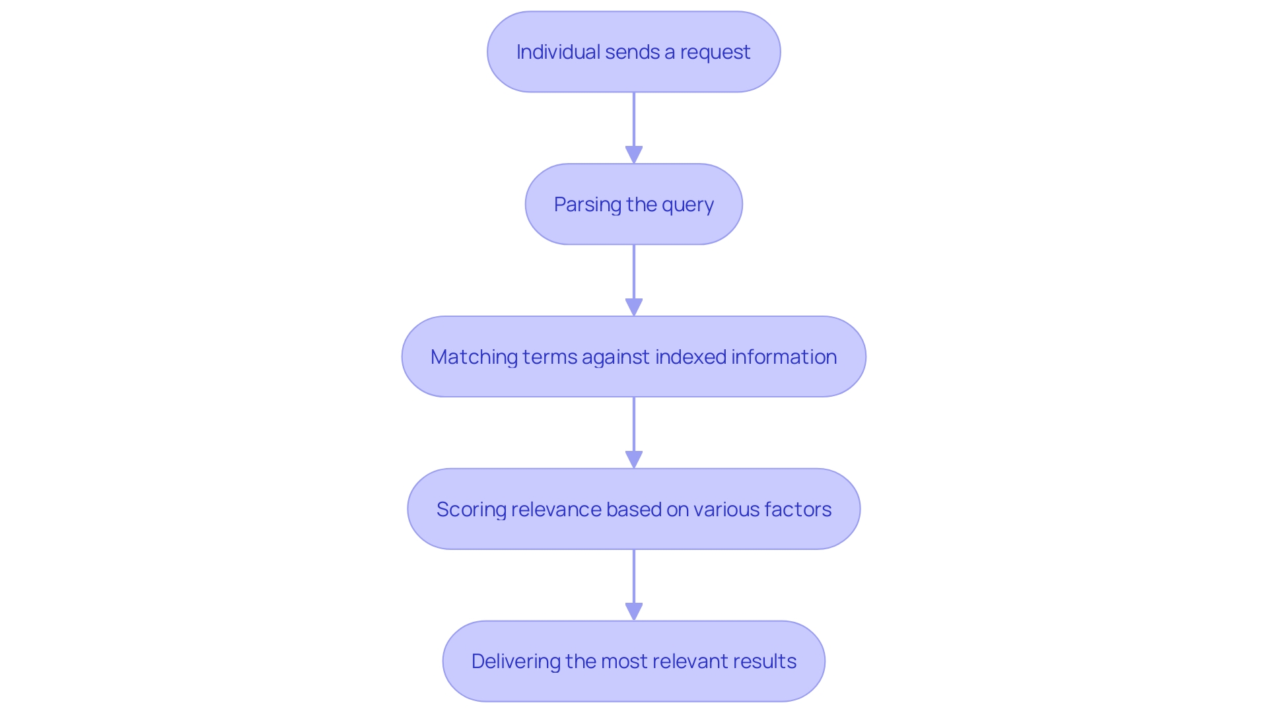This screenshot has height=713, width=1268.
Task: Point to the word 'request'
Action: (x=715, y=52)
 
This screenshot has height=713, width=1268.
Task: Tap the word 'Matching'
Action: (x=474, y=357)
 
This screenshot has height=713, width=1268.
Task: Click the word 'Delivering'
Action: (x=515, y=662)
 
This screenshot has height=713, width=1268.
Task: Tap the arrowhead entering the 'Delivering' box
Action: (x=634, y=612)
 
